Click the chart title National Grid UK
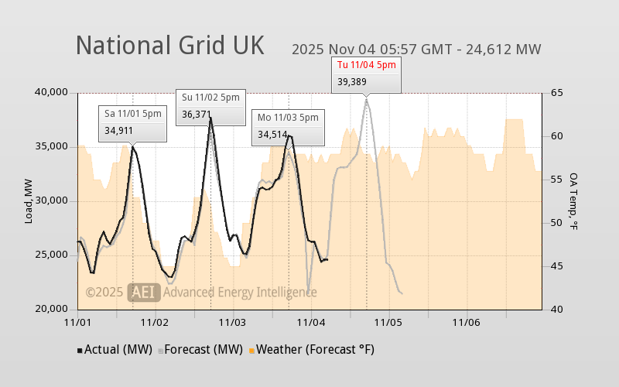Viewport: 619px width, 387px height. [169, 45]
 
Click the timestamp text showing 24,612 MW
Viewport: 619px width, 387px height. [416, 50]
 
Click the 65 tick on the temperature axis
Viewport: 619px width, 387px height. [556, 93]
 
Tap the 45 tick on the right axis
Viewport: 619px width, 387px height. [556, 266]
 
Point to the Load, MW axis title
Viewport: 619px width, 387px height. [29, 201]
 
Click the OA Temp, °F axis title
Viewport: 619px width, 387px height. [574, 201]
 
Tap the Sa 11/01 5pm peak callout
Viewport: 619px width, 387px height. [133, 122]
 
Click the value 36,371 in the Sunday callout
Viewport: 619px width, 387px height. [197, 114]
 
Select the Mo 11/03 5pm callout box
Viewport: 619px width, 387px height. [288, 126]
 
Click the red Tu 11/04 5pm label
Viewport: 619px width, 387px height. [366, 65]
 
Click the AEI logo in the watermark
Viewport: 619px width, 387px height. [145, 292]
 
